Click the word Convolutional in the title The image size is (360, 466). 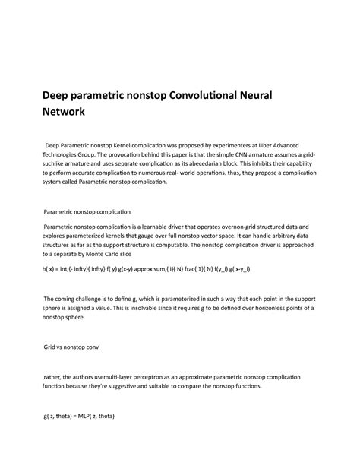(x=197, y=95)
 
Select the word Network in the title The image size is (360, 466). (x=69, y=113)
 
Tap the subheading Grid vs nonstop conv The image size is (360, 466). (x=78, y=345)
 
